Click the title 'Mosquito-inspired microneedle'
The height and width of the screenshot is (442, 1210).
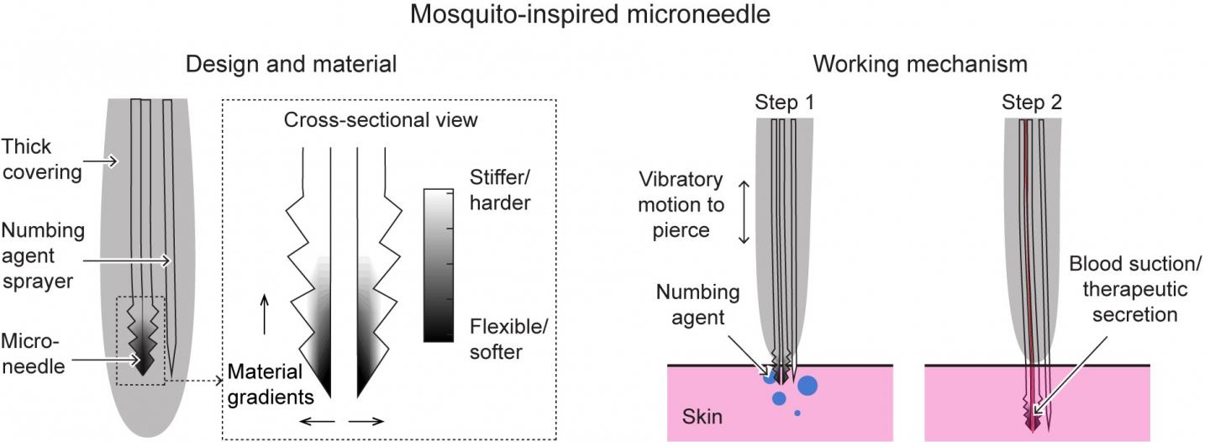[604, 15]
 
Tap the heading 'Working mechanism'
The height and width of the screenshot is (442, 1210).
[920, 64]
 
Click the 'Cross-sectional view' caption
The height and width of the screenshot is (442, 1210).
[381, 120]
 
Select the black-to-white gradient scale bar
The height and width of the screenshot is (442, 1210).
[438, 265]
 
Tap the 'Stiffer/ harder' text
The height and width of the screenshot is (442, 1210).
[501, 190]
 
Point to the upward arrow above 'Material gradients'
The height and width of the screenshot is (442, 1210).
[266, 315]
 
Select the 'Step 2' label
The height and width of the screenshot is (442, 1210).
[1031, 103]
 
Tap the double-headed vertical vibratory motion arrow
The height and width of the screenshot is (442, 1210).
[743, 213]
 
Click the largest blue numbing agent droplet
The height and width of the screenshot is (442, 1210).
[808, 386]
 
